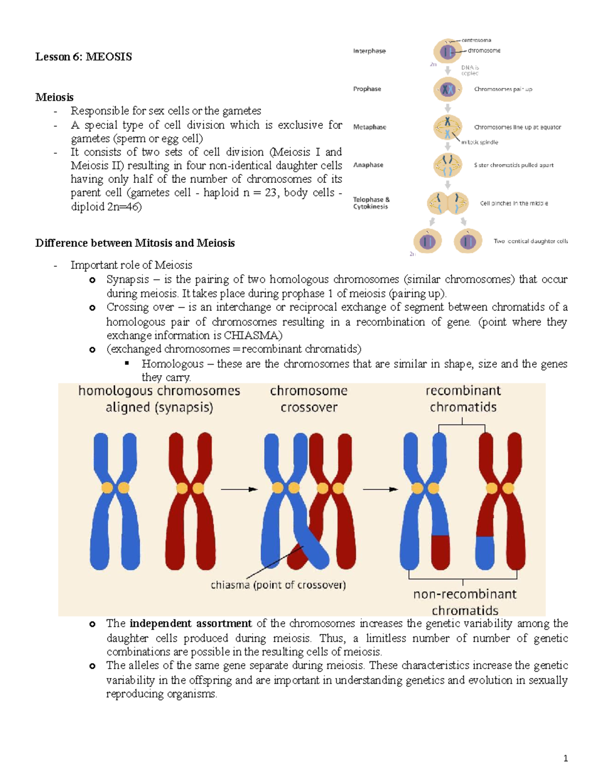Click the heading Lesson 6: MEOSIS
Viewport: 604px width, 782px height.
point(84,57)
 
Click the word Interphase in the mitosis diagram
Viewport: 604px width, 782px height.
point(369,51)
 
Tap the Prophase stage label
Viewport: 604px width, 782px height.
point(367,89)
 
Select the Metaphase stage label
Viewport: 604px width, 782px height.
point(369,127)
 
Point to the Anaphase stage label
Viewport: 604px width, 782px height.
point(368,165)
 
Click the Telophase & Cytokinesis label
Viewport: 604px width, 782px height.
point(371,203)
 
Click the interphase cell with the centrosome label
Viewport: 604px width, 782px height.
point(447,51)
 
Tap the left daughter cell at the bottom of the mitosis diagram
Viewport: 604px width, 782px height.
point(427,241)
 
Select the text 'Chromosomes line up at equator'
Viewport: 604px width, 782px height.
point(517,127)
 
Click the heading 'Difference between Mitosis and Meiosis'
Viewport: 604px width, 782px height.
point(135,243)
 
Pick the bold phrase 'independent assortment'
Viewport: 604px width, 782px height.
point(191,623)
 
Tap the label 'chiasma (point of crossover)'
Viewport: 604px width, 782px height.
point(278,585)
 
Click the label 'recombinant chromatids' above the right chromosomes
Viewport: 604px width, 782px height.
point(463,399)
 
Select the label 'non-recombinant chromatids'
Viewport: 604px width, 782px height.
point(465,602)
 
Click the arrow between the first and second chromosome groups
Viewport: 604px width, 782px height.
point(239,489)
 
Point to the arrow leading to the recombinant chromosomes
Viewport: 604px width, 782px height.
point(380,489)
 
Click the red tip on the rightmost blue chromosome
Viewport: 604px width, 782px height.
point(440,551)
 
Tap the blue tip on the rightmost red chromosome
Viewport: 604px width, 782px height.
point(485,552)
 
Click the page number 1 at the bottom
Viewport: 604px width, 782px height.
point(566,758)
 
